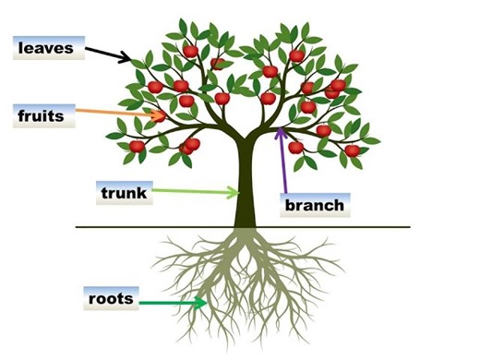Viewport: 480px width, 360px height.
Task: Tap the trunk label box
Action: (123, 193)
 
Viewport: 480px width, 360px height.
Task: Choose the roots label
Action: (111, 299)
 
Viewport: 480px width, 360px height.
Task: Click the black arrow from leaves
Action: (110, 55)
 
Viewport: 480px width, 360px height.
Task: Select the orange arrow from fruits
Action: (115, 114)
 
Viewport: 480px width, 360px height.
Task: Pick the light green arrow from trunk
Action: (194, 192)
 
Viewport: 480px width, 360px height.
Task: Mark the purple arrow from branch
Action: (282, 162)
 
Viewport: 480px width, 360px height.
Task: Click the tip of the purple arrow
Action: (280, 128)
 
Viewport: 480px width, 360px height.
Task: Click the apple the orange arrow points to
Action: (159, 116)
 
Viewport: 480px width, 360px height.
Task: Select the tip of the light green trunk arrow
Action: (238, 193)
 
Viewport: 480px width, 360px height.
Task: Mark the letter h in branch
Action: (341, 205)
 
